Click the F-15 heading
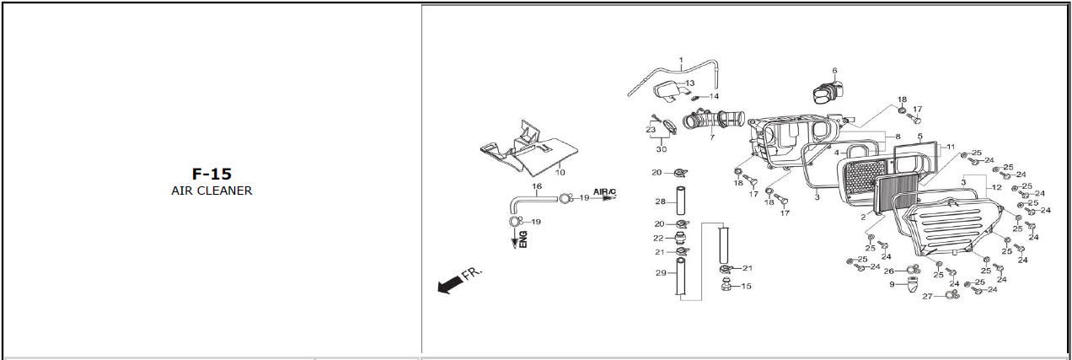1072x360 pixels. [x=211, y=175]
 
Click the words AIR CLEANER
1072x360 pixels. [x=211, y=191]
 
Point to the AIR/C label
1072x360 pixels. [x=604, y=192]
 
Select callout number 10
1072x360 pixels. [x=560, y=172]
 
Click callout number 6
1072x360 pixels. [x=834, y=71]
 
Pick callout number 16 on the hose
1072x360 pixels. [x=536, y=185]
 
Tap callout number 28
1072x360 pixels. [x=661, y=202]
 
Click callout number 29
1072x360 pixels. [x=661, y=272]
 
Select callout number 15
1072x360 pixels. [x=745, y=286]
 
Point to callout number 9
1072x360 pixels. [x=892, y=284]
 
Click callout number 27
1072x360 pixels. [x=927, y=297]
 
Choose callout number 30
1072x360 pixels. [x=662, y=149]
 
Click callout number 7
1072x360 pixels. [x=711, y=137]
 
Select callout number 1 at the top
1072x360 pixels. [x=680, y=59]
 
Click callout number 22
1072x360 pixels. [x=658, y=239]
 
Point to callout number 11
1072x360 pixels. [x=950, y=147]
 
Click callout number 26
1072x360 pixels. [x=888, y=271]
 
